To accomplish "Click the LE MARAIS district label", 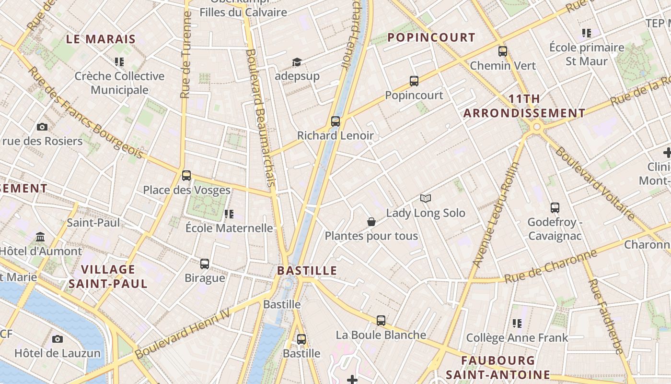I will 101,39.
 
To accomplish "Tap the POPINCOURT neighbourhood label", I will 431,37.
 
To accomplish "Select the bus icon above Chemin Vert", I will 502,51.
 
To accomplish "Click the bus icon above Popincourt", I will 414,81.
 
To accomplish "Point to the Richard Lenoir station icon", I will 335,121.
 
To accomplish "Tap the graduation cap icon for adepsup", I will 297,62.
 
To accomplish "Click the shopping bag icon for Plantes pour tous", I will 371,222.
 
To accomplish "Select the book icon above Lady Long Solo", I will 426,198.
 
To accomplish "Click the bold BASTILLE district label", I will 307,271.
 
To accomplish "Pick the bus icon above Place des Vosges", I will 186,176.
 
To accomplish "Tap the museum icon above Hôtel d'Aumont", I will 41,237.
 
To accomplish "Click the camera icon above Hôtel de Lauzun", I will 58,339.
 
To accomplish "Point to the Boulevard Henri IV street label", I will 182,334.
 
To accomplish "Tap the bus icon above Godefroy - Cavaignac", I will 555,208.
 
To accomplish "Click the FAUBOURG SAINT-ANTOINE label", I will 498,367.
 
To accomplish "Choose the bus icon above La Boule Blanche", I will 381,320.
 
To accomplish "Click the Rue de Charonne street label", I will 551,266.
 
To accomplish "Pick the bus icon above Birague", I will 205,264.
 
